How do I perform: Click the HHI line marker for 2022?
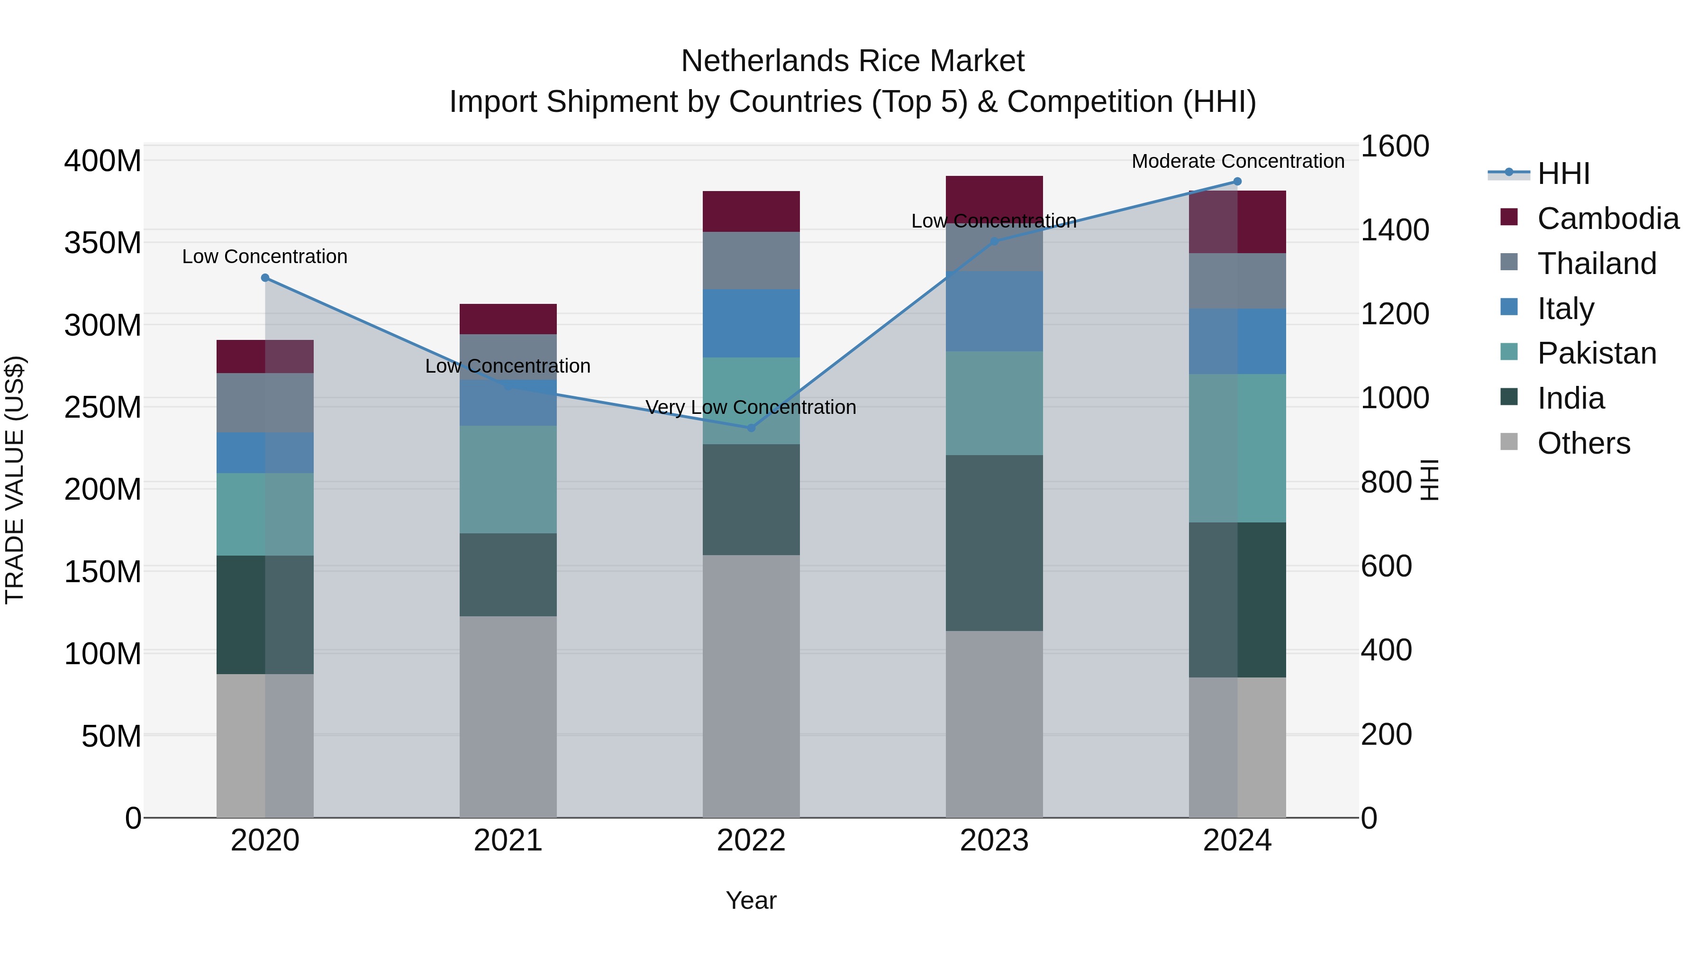(x=751, y=428)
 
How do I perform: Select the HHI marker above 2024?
(x=1237, y=182)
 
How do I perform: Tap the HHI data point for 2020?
(x=265, y=278)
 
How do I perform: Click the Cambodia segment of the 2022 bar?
(x=751, y=211)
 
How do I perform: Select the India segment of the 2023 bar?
(x=994, y=543)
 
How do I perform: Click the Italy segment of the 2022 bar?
(x=751, y=323)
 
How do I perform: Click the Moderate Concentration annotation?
(x=1237, y=161)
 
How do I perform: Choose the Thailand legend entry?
(x=1596, y=264)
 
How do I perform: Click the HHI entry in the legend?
(x=1563, y=174)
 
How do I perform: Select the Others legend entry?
(x=1583, y=443)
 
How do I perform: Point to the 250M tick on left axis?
(x=103, y=407)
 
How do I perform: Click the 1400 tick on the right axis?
(x=1395, y=230)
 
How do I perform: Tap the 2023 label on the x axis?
(x=994, y=841)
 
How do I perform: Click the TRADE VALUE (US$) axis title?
(x=15, y=480)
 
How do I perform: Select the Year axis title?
(x=751, y=900)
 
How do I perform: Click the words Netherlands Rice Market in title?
(x=853, y=61)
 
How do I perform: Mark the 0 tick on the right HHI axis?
(x=1369, y=818)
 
